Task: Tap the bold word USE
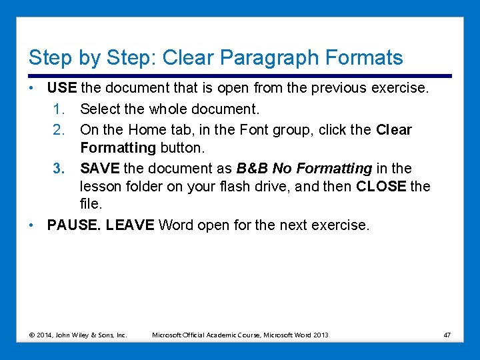(63, 88)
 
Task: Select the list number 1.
(58, 109)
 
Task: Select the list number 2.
(58, 130)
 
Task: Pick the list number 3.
(58, 169)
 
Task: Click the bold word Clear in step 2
(394, 130)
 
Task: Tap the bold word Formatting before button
(117, 147)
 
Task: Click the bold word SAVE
(99, 169)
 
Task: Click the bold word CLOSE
(381, 187)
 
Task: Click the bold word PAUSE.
(74, 225)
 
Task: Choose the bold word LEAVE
(130, 225)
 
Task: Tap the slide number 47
(447, 335)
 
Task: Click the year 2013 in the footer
(320, 335)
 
